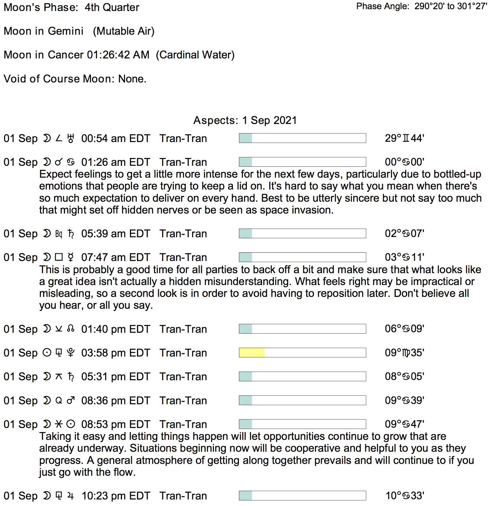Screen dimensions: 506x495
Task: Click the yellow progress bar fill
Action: coord(252,353)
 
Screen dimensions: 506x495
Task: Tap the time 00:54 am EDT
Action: coord(116,139)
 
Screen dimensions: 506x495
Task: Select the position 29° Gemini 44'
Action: coord(404,139)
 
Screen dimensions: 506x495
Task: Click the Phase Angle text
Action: coord(421,6)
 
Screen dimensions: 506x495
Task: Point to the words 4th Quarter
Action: coord(112,7)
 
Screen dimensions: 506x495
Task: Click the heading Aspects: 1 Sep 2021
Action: coord(245,120)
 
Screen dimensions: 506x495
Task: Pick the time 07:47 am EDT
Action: coord(116,257)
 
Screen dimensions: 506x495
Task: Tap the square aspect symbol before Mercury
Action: coord(59,257)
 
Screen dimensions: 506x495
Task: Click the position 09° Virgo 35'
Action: coord(404,353)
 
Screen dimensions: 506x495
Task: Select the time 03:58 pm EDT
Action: coord(116,353)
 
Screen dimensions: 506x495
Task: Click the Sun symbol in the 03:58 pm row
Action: coord(47,353)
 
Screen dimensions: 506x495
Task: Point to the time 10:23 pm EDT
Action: coord(116,496)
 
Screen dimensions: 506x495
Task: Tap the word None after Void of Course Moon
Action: coord(132,79)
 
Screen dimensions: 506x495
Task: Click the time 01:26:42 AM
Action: coord(118,55)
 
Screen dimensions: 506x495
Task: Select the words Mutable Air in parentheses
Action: coord(124,31)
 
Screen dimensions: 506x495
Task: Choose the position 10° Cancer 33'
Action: coord(404,496)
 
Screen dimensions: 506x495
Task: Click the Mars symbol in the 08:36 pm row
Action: coord(71,400)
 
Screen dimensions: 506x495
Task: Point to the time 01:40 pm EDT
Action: coord(116,329)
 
